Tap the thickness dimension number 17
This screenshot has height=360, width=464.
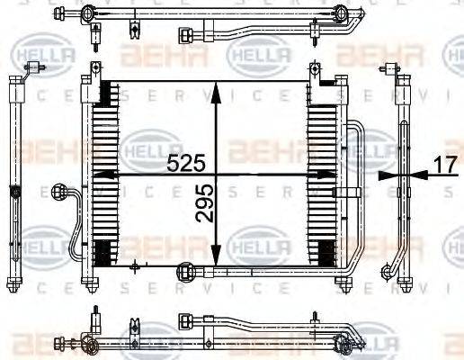coord(443,164)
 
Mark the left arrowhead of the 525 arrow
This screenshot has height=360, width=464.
coord(101,175)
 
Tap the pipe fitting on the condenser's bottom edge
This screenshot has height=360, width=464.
coord(187,269)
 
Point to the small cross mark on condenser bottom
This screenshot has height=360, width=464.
coord(134,265)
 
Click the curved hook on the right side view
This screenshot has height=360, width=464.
coord(388,270)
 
